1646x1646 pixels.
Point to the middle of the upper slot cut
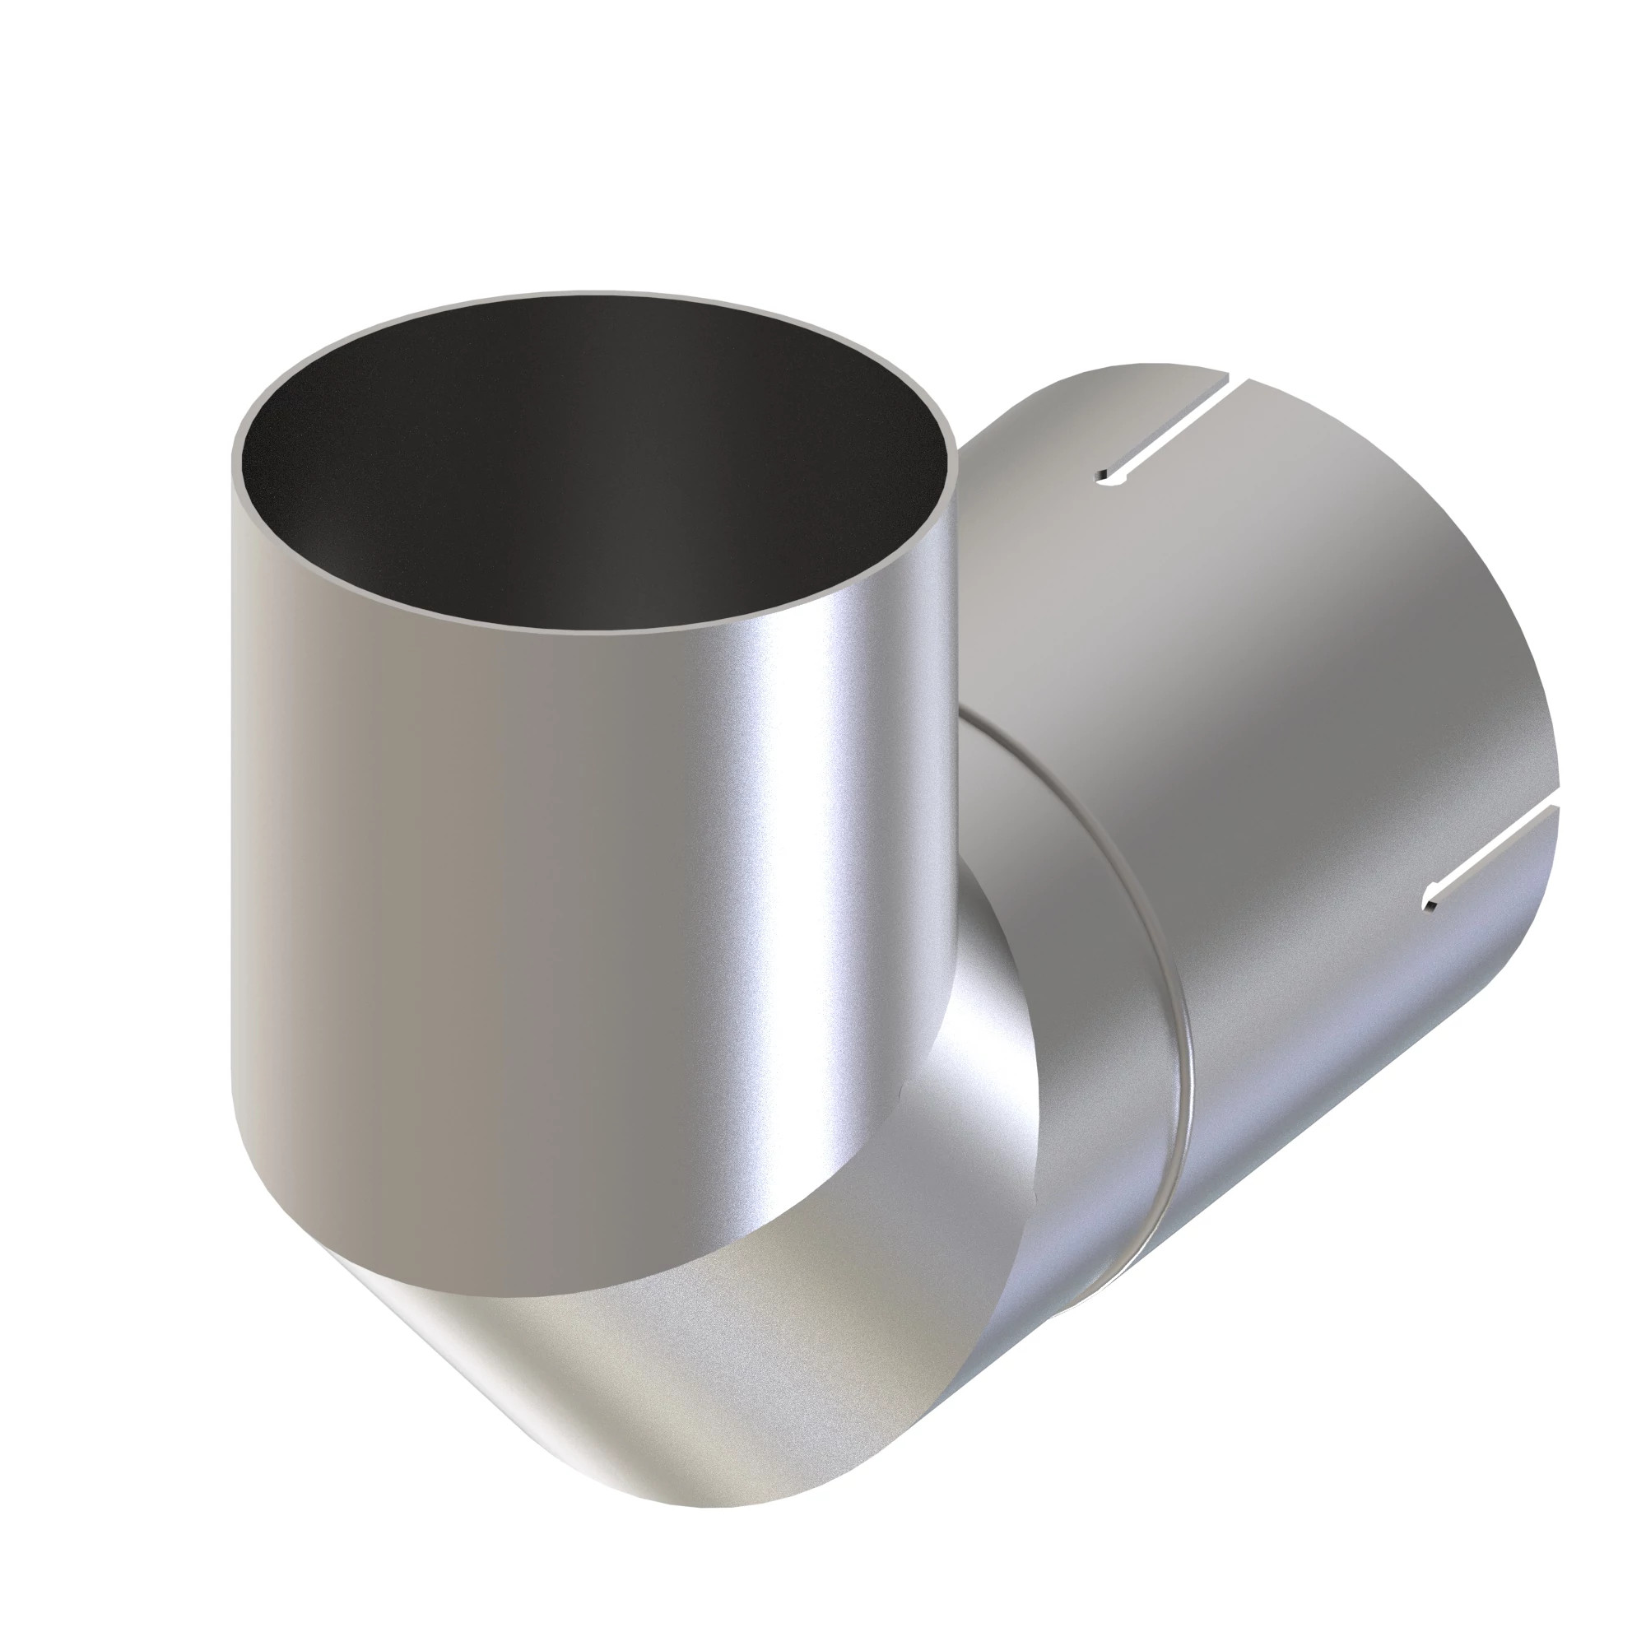[x=1171, y=431]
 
